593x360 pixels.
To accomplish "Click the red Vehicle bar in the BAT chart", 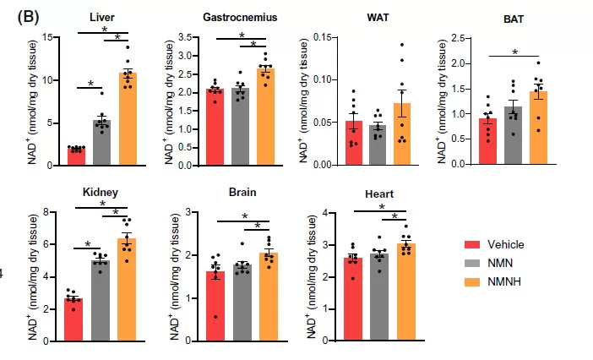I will tap(487, 141).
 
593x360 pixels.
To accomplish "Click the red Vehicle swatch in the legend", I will tap(476, 244).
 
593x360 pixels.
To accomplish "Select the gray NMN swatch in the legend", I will tap(476, 262).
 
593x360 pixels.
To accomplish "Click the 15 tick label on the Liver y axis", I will tap(50, 38).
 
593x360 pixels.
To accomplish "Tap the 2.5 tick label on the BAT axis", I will tap(460, 38).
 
